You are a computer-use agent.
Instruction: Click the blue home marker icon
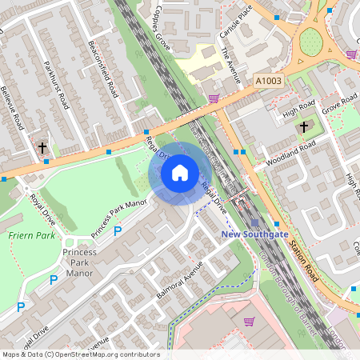(180, 173)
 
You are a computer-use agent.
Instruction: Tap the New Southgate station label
(254, 234)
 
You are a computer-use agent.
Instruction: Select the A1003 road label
(270, 81)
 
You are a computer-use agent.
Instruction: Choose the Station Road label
(305, 263)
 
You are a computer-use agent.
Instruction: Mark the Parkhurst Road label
(59, 79)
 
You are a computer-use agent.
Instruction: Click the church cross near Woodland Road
(303, 127)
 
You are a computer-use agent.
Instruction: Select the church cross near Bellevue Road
(42, 148)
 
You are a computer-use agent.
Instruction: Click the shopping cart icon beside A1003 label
(214, 98)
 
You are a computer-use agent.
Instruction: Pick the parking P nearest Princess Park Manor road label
(117, 232)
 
